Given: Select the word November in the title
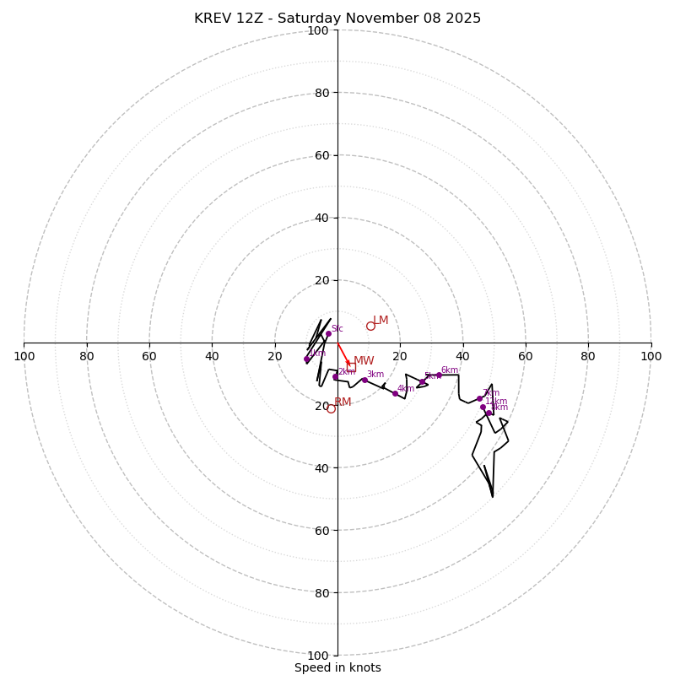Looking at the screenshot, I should click(x=377, y=19).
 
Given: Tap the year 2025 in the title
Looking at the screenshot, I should click(x=462, y=19).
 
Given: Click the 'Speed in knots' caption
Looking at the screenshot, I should click(x=337, y=667).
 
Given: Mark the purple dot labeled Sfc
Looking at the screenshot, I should click(x=328, y=333).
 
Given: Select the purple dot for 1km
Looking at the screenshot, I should click(x=307, y=359).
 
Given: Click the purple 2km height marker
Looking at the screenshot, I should click(x=335, y=377).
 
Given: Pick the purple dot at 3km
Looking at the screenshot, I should click(x=364, y=380).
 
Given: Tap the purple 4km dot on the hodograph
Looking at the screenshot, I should click(x=395, y=393).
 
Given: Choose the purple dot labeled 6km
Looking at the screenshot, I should click(x=439, y=375).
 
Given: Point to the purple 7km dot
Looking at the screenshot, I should click(x=479, y=398).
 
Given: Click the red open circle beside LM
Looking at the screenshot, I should click(x=370, y=326).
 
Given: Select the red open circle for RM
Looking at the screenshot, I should click(x=331, y=408).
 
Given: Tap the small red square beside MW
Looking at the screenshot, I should click(x=351, y=367).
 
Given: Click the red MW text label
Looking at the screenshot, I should click(x=364, y=361).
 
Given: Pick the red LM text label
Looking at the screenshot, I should click(x=381, y=321).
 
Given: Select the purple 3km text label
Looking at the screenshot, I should click(x=375, y=375).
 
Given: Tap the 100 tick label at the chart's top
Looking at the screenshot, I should click(x=318, y=30).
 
